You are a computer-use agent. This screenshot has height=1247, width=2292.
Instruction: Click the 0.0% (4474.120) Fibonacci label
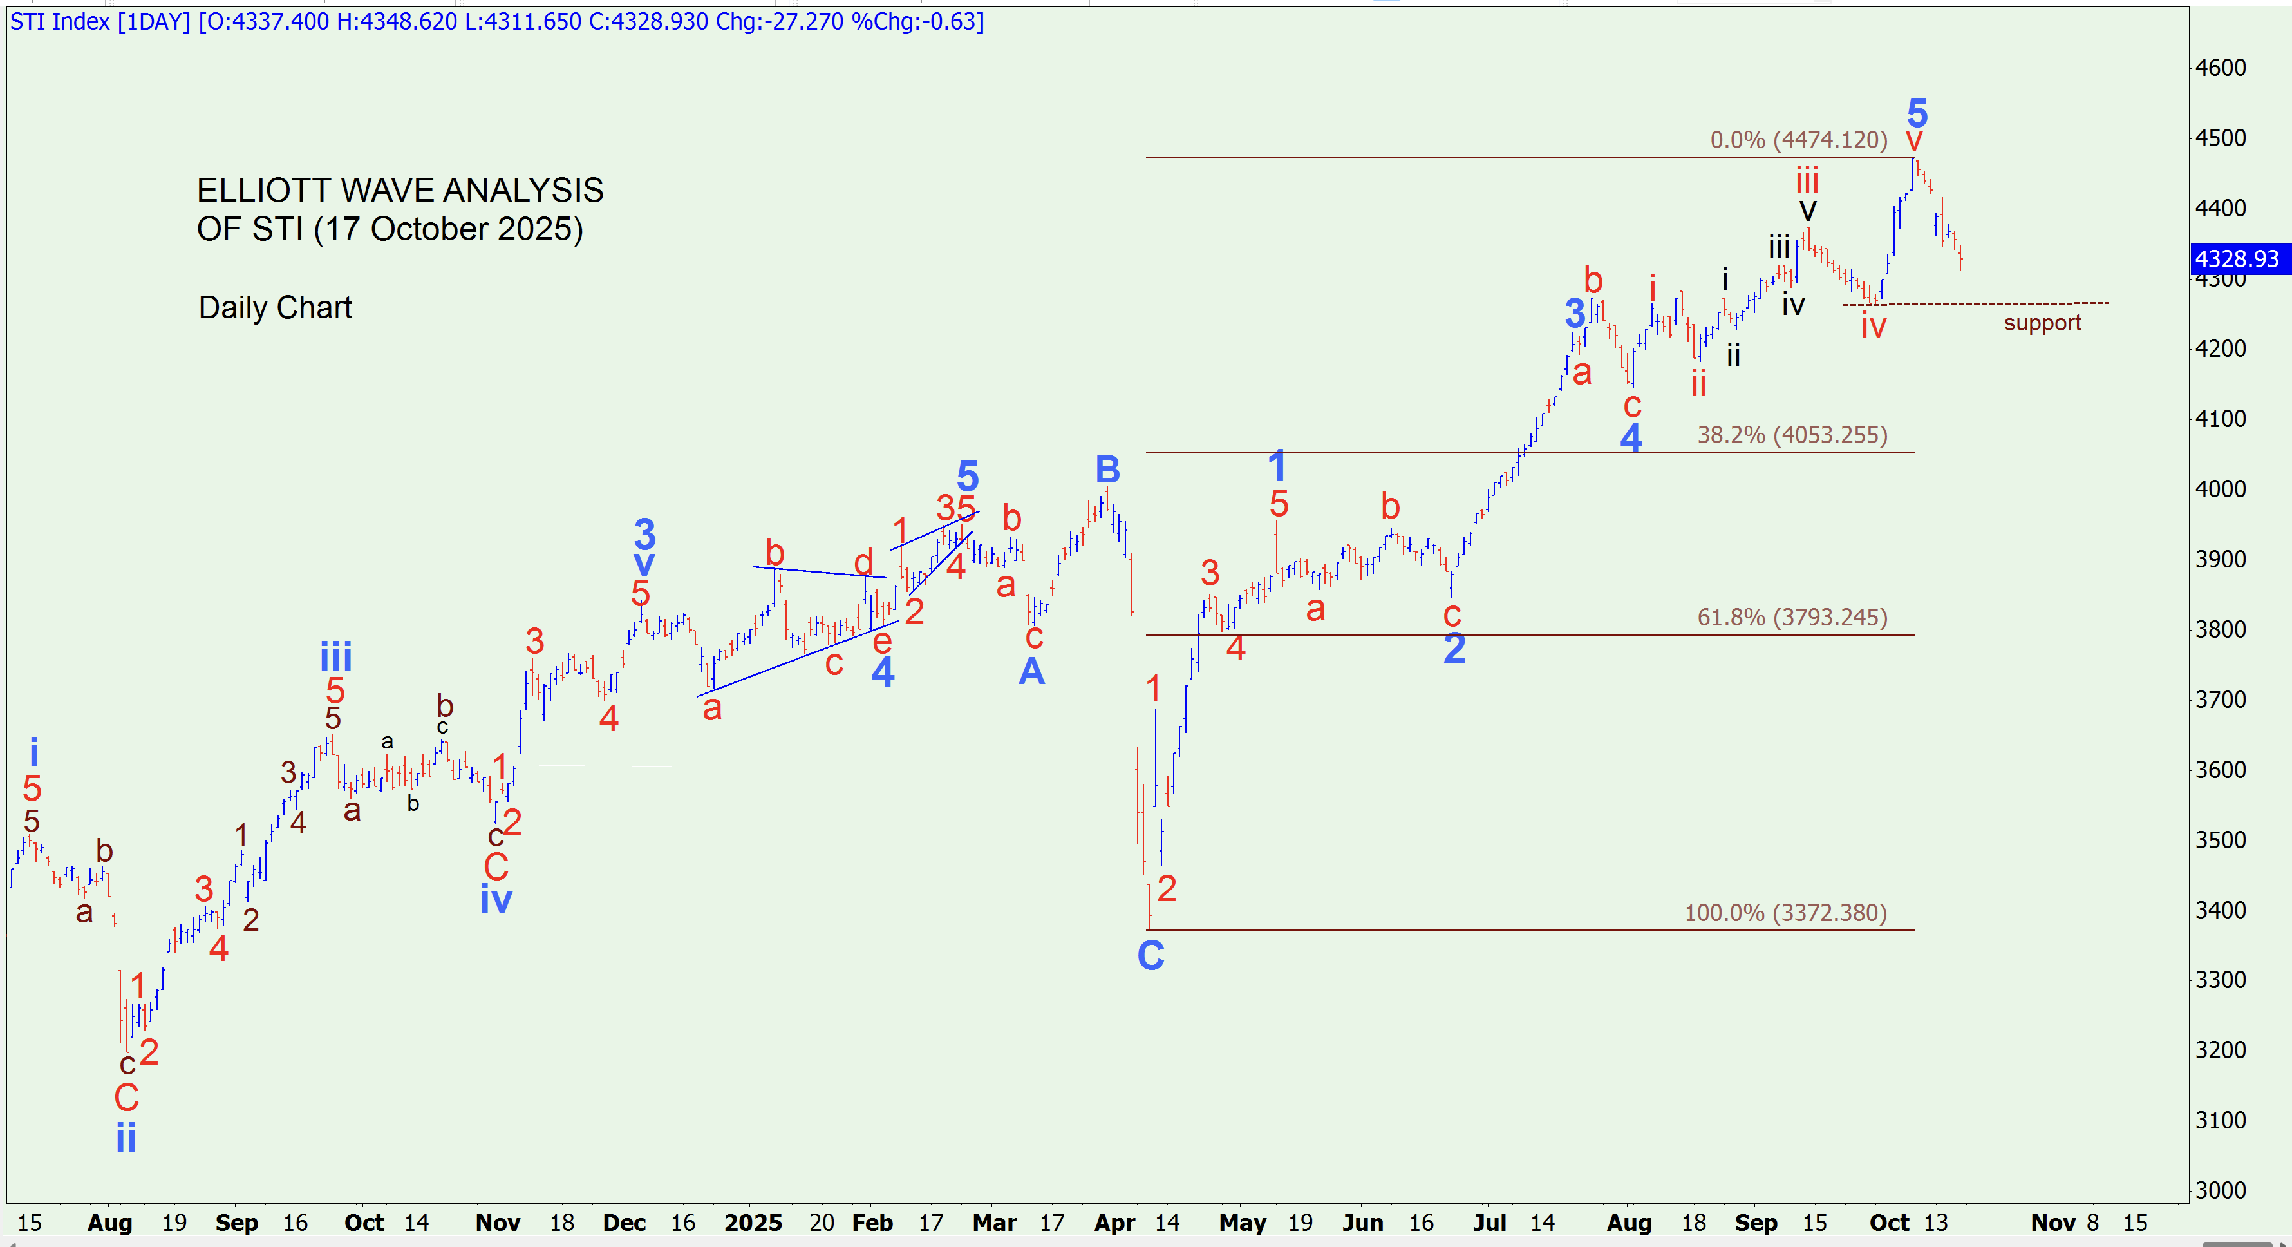click(1798, 140)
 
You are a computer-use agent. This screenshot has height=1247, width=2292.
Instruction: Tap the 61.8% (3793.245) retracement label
click(1792, 617)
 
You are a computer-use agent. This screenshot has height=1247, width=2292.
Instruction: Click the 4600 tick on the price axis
click(2220, 68)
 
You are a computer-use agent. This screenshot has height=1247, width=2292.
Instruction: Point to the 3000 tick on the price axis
click(2220, 1190)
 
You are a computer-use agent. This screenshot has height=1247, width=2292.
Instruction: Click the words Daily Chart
click(275, 307)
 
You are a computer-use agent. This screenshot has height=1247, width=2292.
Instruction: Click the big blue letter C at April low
click(1151, 956)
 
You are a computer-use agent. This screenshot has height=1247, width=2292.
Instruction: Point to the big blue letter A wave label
click(1031, 671)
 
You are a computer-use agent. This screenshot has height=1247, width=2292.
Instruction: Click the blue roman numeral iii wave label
click(336, 657)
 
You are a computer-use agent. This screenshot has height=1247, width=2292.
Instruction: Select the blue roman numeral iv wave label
click(496, 899)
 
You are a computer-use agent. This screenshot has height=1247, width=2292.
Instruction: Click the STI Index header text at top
click(60, 21)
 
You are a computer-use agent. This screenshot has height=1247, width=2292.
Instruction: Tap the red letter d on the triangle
click(863, 562)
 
